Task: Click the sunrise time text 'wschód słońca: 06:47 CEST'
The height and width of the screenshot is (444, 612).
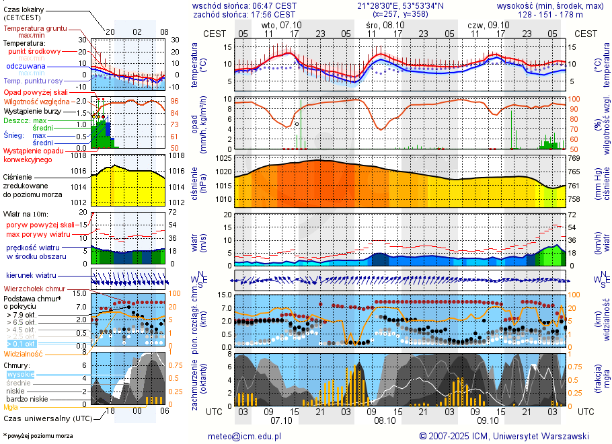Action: tap(244, 5)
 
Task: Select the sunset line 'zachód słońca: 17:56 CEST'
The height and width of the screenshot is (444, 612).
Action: tap(244, 14)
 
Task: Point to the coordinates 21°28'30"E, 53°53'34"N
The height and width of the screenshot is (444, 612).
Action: tap(400, 5)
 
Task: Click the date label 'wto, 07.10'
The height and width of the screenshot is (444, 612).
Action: tap(281, 25)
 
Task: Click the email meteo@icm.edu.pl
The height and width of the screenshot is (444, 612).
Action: tap(244, 436)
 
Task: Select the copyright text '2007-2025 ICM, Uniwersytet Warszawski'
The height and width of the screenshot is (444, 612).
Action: tap(504, 436)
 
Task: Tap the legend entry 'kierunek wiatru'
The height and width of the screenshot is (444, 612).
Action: tap(31, 275)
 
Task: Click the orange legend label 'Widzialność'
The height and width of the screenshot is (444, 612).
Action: tap(24, 353)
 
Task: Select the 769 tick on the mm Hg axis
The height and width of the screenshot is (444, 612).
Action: tap(574, 158)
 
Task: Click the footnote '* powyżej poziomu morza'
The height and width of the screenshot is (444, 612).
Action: tap(38, 436)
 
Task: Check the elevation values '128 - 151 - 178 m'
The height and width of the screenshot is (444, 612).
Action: tap(550, 14)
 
